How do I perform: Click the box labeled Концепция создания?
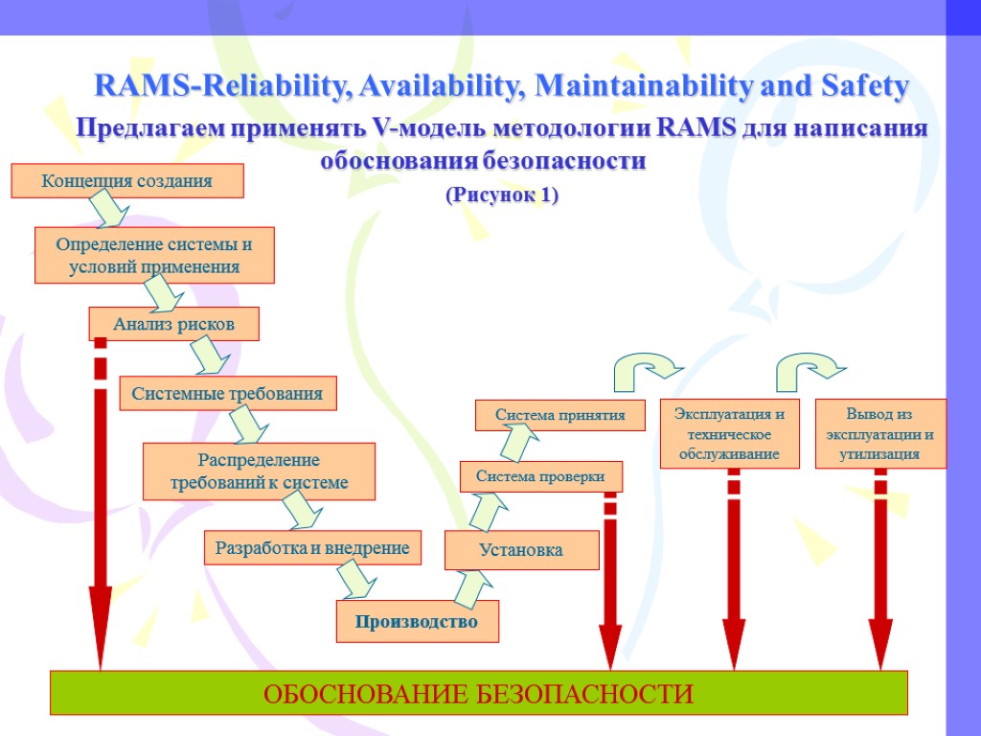tap(127, 181)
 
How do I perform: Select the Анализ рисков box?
tap(174, 324)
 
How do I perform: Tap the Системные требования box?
tap(228, 393)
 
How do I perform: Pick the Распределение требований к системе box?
tap(259, 471)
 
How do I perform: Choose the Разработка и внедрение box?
tap(312, 548)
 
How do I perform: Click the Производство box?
tap(417, 622)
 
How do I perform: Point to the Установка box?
tap(521, 550)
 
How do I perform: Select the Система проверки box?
tap(541, 476)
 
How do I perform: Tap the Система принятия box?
tap(559, 415)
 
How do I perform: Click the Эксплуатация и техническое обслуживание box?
tap(730, 433)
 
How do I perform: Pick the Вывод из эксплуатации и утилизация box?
tap(880, 433)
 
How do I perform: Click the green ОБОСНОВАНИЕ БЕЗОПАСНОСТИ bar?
tap(478, 693)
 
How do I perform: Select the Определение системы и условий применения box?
tap(154, 255)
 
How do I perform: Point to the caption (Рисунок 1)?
tap(502, 195)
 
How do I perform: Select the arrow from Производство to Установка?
tap(468, 587)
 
